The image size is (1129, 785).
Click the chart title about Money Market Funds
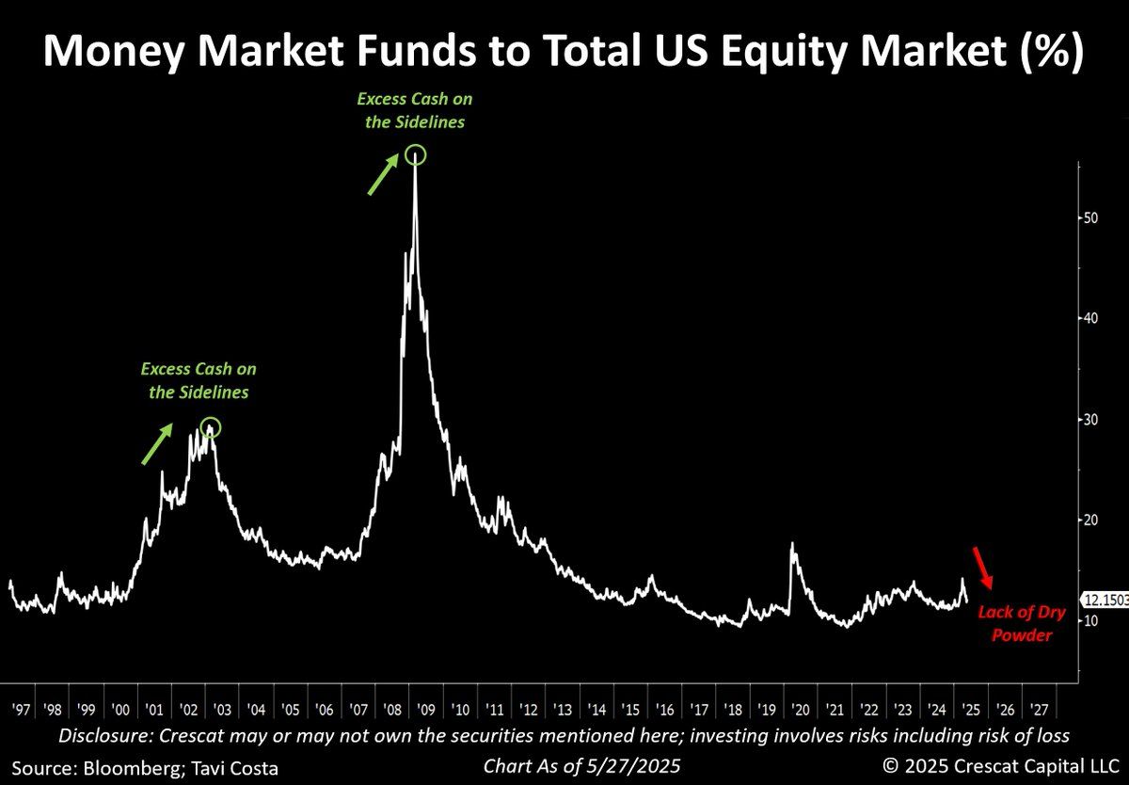564,53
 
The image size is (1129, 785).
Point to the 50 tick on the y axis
1089,217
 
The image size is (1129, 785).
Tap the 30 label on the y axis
1089,419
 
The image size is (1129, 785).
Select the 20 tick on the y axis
1089,520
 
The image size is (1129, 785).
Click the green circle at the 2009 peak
416,155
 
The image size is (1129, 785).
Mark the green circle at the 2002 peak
211,428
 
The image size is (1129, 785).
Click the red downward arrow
981,568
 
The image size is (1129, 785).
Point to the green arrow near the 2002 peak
157,443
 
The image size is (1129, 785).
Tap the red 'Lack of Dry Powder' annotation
1021,623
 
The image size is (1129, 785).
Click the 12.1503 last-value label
1105,600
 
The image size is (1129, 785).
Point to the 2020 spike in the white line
793,546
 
